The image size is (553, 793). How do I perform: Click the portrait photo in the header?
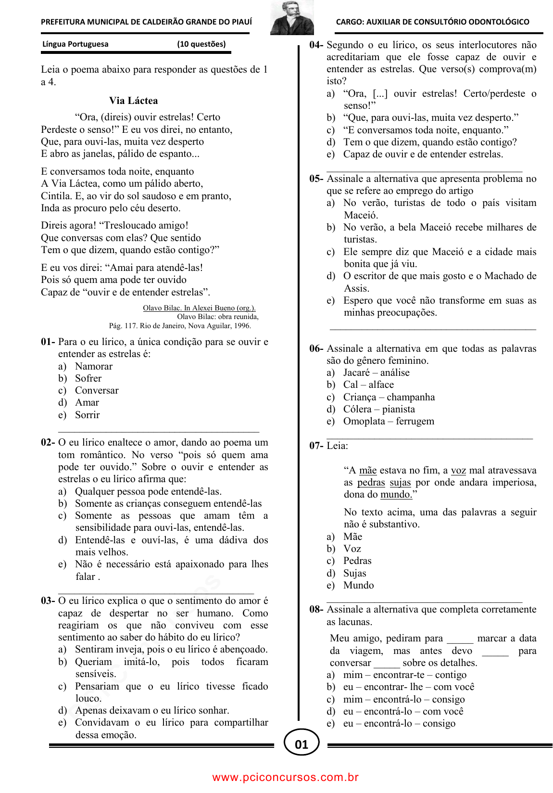click(x=292, y=18)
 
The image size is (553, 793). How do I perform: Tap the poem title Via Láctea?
click(x=133, y=101)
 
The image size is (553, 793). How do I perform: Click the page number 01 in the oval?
click(x=302, y=744)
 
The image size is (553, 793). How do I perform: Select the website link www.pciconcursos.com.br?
click(x=286, y=777)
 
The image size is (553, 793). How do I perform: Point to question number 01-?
click(x=48, y=342)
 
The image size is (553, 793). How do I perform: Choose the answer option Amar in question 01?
click(x=87, y=402)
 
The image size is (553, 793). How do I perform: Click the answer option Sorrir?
click(x=87, y=415)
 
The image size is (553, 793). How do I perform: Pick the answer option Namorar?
click(x=93, y=366)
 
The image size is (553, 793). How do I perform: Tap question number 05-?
click(x=316, y=179)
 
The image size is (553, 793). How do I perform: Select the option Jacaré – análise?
click(x=376, y=372)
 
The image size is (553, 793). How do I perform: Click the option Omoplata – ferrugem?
click(x=388, y=421)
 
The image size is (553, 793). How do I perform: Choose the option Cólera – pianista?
click(x=378, y=409)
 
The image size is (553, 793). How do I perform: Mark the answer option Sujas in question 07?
click(x=354, y=573)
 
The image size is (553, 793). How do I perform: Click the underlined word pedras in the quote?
click(x=371, y=483)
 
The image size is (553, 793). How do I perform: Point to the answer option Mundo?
click(x=358, y=585)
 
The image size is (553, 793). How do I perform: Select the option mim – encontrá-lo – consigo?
click(x=403, y=699)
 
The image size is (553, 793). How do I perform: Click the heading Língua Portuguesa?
click(x=75, y=44)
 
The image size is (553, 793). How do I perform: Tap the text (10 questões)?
click(x=201, y=44)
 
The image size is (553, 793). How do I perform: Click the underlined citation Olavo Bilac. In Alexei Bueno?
click(x=199, y=308)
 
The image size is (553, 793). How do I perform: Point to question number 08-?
click(x=316, y=609)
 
